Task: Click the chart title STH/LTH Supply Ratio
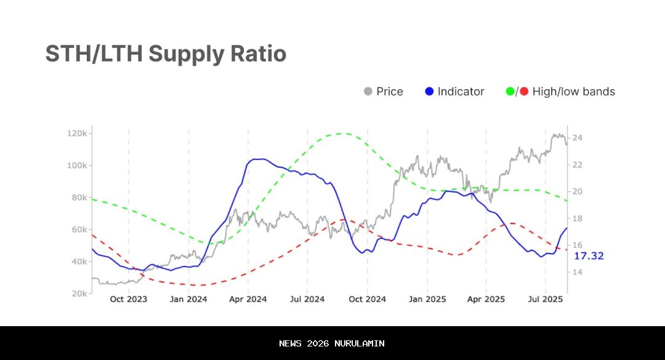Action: click(166, 54)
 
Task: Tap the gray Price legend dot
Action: click(368, 92)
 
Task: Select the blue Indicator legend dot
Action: click(430, 92)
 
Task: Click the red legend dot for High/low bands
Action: click(524, 92)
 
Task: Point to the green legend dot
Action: click(510, 92)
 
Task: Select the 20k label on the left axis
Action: click(80, 294)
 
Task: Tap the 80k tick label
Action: click(80, 198)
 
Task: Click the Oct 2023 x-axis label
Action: click(129, 300)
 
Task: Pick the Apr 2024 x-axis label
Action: click(248, 300)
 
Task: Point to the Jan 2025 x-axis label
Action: click(427, 300)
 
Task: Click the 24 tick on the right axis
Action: click(577, 138)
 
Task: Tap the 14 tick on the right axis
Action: click(577, 272)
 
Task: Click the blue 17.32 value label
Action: click(589, 255)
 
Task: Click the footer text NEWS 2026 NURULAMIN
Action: click(332, 343)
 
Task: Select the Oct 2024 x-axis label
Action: click(367, 300)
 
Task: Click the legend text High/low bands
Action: click(573, 92)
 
